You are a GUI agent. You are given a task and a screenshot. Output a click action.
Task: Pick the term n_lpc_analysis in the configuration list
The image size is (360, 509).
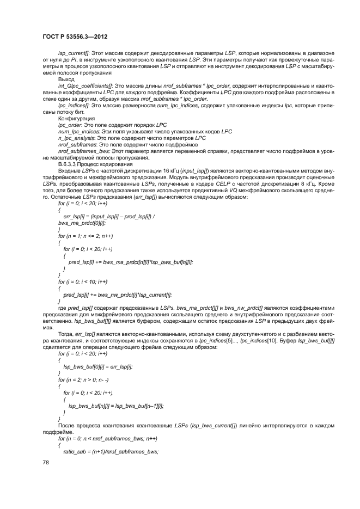76,138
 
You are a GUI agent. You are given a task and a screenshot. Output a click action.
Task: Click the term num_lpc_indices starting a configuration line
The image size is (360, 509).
78,131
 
